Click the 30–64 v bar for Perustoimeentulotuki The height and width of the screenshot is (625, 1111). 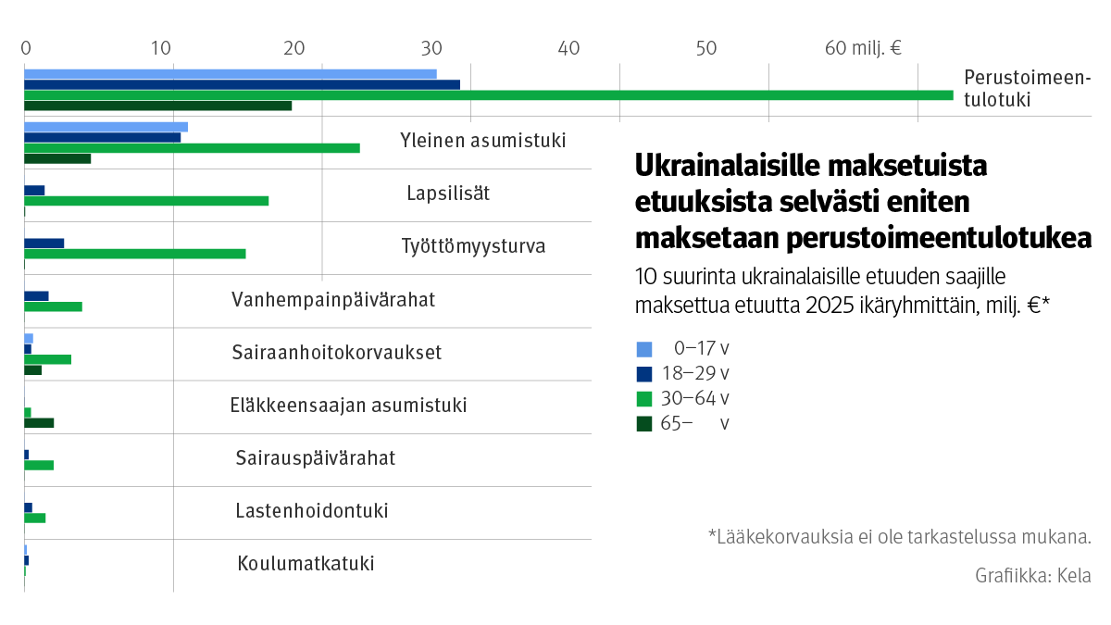[x=488, y=94]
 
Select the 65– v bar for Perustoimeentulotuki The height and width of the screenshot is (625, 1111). [x=157, y=106]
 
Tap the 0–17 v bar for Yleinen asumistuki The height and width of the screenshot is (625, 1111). [x=106, y=127]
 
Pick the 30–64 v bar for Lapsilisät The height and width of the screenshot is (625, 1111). [x=146, y=201]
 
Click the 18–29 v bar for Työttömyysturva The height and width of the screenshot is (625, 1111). [x=44, y=243]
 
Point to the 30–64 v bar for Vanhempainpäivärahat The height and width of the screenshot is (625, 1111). [x=53, y=306]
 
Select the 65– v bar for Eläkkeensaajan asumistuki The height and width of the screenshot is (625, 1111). [x=39, y=423]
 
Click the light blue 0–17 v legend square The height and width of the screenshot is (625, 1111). [x=644, y=349]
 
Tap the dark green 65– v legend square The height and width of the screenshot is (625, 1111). [x=644, y=424]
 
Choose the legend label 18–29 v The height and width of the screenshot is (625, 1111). [x=694, y=374]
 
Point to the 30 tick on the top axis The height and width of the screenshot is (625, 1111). [x=430, y=48]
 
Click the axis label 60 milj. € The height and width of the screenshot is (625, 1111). [x=863, y=48]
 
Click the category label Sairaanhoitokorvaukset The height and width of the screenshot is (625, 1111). [x=336, y=353]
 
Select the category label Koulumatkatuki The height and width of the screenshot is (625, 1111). [x=306, y=564]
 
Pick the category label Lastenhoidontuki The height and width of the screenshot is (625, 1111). [x=312, y=511]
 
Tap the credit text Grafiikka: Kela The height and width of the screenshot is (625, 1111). [x=1032, y=575]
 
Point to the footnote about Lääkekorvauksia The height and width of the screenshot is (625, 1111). [x=899, y=536]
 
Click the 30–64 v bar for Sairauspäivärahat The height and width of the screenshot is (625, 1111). [x=39, y=465]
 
